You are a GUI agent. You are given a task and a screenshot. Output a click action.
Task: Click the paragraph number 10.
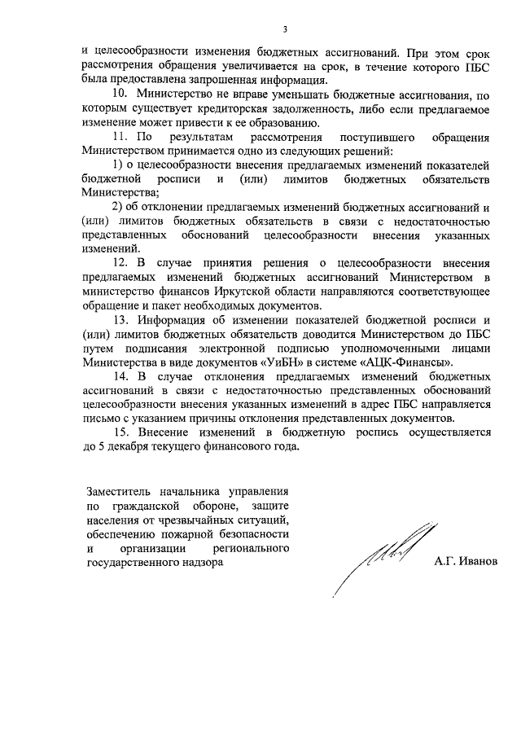tap(120, 95)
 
